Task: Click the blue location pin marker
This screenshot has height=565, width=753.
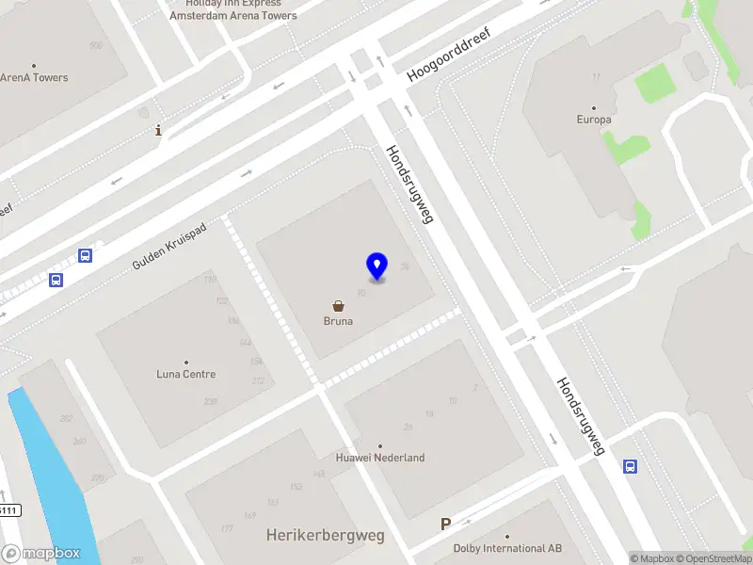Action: click(376, 266)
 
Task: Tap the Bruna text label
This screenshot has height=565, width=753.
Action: click(338, 321)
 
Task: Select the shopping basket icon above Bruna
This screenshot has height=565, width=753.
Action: click(338, 306)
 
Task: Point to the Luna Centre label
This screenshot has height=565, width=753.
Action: click(185, 374)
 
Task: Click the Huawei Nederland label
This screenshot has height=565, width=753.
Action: click(380, 458)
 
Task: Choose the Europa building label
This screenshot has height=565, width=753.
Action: click(594, 120)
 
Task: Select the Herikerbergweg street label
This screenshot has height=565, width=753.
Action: click(326, 536)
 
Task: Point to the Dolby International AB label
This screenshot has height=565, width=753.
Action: click(507, 548)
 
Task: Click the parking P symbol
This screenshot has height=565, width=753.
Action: click(445, 525)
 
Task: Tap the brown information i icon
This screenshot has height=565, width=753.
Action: click(158, 132)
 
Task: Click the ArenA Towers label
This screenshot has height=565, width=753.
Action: click(35, 77)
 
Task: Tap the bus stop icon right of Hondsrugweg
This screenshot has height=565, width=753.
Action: click(631, 466)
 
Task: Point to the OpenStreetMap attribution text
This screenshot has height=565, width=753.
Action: click(716, 558)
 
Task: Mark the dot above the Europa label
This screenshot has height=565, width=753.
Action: click(594, 108)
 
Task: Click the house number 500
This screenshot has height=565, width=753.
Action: click(95, 45)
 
